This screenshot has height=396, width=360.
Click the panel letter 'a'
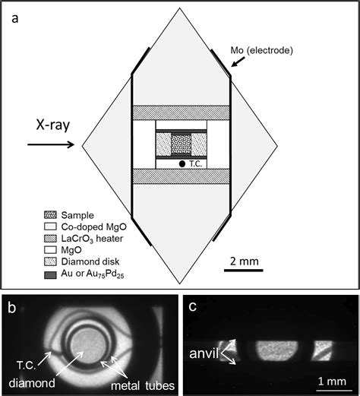pos(15,19)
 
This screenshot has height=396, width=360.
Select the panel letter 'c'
pos(193,306)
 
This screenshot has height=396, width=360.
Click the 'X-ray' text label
pos(53,125)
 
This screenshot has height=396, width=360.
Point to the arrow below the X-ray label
pos(51,144)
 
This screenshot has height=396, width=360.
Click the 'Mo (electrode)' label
pos(261,50)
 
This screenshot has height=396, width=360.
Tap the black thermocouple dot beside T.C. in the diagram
pos(182,164)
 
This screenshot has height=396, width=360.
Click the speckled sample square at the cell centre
pos(182,144)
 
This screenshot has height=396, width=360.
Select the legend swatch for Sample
pos(50,215)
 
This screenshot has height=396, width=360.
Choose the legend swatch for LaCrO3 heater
pos(50,239)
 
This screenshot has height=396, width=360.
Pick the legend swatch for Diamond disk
pos(50,261)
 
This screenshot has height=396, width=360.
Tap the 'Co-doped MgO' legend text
pos(93,227)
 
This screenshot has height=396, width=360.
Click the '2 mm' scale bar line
pos(244,271)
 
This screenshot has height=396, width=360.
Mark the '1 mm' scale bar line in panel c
pos(334,390)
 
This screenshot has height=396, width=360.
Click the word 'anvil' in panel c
pos(204,353)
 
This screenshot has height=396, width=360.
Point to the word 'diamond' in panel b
pos(32,382)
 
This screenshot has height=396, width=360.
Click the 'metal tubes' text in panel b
pos(143,385)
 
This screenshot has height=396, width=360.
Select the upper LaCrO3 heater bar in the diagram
pos(182,112)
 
